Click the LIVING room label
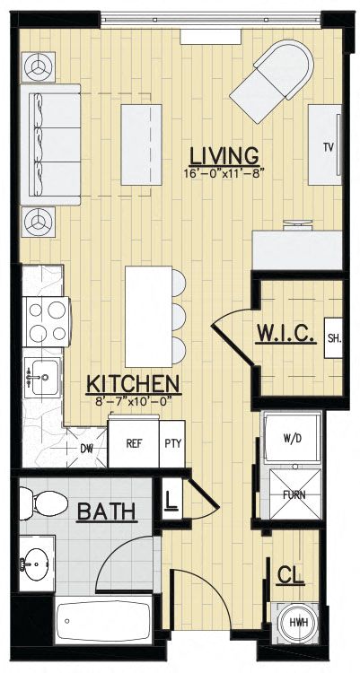tap(224, 156)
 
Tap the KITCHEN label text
tap(133, 384)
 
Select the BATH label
tap(107, 512)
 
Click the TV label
tap(329, 148)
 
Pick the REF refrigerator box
tap(134, 442)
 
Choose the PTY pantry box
tap(172, 444)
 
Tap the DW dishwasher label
tap(87, 449)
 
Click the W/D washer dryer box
tap(292, 438)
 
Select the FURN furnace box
tap(294, 494)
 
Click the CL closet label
tap(291, 575)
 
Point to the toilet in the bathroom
tap(43, 503)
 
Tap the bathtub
tap(103, 620)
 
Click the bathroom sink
tap(37, 563)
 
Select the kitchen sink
tap(42, 377)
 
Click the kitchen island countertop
tap(149, 317)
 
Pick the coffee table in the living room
tap(141, 144)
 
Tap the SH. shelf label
tap(334, 338)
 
